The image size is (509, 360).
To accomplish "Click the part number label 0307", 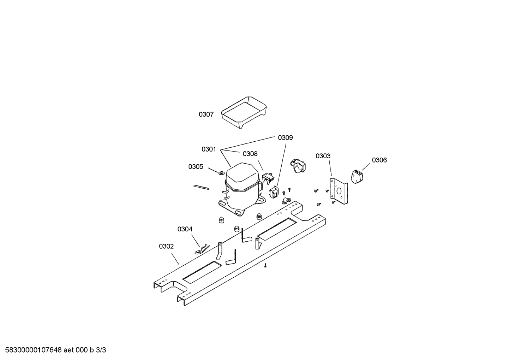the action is (x=206, y=114).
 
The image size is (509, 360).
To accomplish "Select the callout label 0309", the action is (x=286, y=137).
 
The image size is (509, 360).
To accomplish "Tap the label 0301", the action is (x=209, y=149).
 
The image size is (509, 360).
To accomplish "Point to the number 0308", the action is (x=250, y=154).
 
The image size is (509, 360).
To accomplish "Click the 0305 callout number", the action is (x=196, y=167).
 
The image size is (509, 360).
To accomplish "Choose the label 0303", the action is (x=323, y=156).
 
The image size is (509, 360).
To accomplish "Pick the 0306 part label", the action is (x=379, y=160).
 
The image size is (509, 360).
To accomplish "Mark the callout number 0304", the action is (x=185, y=229).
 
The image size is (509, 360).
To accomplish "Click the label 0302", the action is (x=166, y=246).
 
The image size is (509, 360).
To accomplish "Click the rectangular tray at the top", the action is (x=244, y=112).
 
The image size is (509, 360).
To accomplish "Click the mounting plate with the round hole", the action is (x=339, y=191).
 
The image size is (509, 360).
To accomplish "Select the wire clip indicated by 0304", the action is (x=202, y=249).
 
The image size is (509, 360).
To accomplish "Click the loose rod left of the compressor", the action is (x=201, y=187).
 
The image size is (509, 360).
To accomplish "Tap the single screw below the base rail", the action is (x=265, y=265).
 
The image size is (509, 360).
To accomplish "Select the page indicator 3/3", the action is (x=101, y=350).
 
